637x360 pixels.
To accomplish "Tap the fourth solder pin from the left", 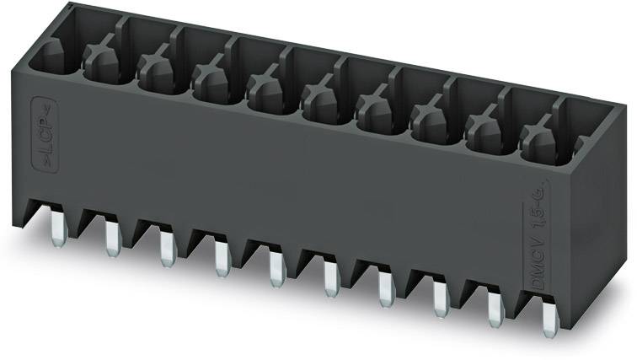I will click(x=222, y=256).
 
